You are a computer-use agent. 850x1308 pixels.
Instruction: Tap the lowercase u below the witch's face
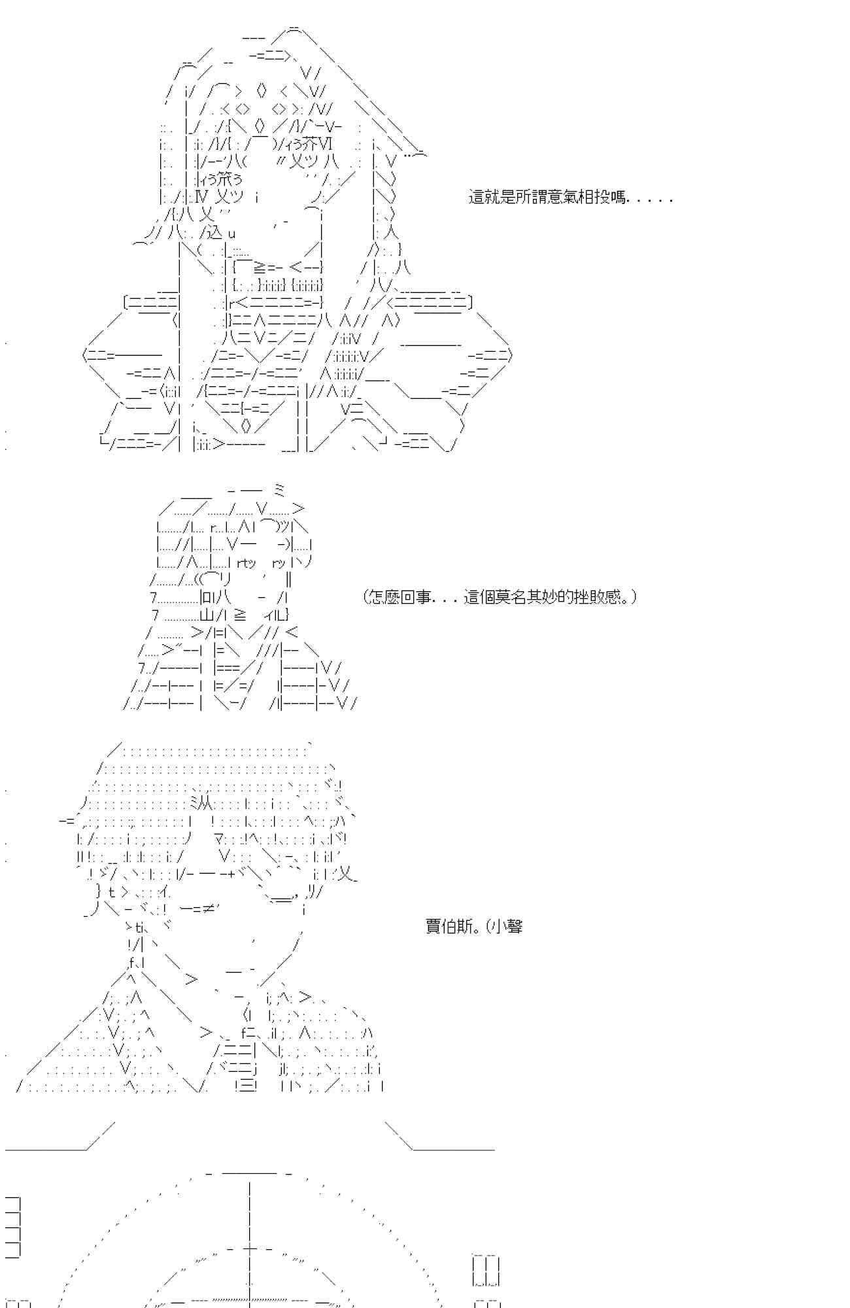point(232,233)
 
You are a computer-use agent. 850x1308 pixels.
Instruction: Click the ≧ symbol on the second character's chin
point(240,615)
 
